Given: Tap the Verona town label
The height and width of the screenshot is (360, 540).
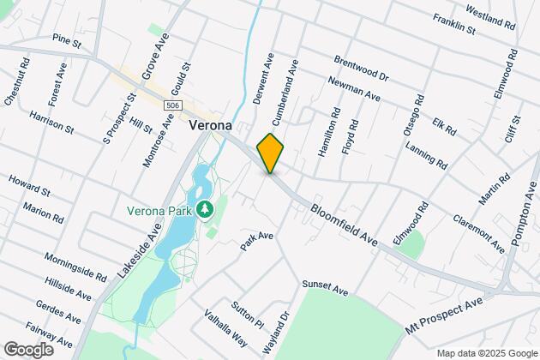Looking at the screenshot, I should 209,125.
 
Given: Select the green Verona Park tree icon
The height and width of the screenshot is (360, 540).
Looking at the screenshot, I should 205,209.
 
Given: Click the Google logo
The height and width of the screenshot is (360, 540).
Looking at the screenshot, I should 27,349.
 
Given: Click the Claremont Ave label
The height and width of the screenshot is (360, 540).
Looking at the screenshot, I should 479,233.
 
